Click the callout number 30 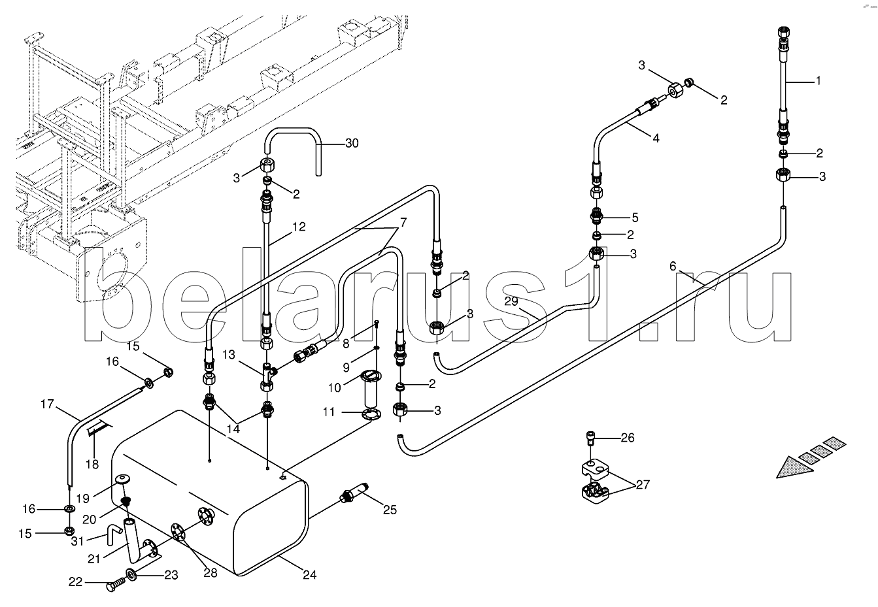pos(352,144)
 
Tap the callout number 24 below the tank pos(309,575)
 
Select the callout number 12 pos(299,227)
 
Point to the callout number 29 pos(511,301)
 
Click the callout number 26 pos(628,438)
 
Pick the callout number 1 pos(818,81)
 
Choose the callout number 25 pos(390,510)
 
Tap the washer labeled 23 pos(131,575)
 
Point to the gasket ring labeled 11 pos(371,414)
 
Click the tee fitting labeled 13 pos(268,376)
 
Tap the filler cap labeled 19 pos(124,480)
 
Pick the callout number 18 pos(92,465)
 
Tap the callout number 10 pos(334,388)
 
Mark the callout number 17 pos(47,404)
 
